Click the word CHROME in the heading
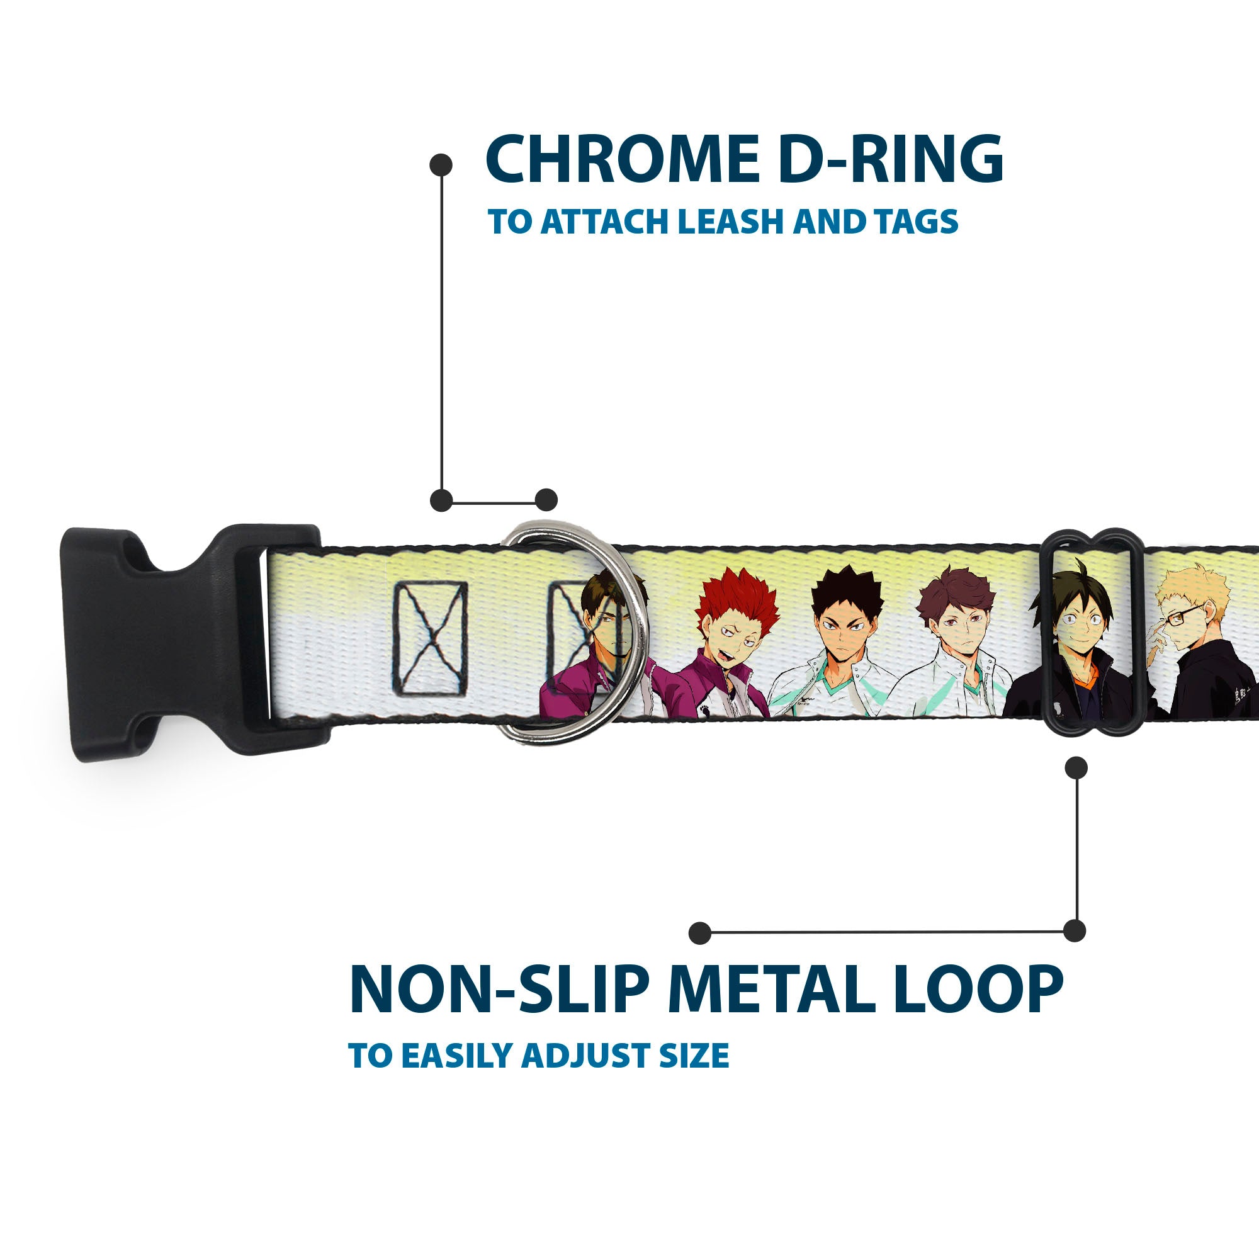click(x=623, y=160)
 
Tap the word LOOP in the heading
click(x=978, y=990)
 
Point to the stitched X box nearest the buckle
click(x=429, y=638)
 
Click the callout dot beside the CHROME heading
click(x=441, y=165)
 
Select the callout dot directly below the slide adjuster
click(x=1076, y=767)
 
